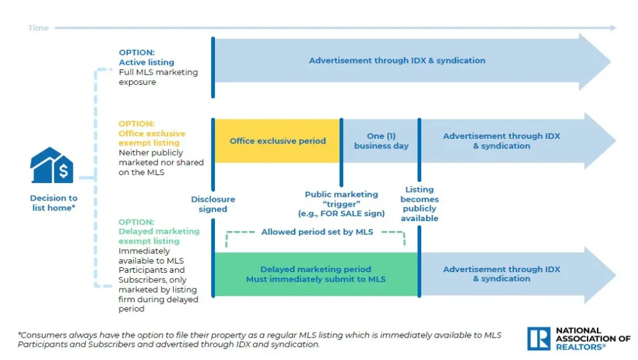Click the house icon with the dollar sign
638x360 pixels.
(52, 166)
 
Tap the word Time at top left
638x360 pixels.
(38, 28)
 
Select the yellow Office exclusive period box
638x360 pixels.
(277, 141)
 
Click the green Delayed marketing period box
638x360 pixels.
(315, 274)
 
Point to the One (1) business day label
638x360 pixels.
(381, 141)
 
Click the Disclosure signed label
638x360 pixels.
(212, 204)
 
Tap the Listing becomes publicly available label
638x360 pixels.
(419, 204)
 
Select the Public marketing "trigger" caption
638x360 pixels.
(341, 204)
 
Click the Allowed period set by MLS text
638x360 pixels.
(317, 232)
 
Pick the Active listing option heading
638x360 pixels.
(146, 62)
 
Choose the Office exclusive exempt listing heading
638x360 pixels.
(152, 138)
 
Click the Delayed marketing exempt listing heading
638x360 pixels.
(159, 236)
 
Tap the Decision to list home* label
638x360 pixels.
(54, 203)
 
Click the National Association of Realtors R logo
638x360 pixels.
(539, 338)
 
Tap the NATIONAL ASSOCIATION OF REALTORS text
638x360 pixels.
(593, 338)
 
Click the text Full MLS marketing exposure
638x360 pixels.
(158, 77)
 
